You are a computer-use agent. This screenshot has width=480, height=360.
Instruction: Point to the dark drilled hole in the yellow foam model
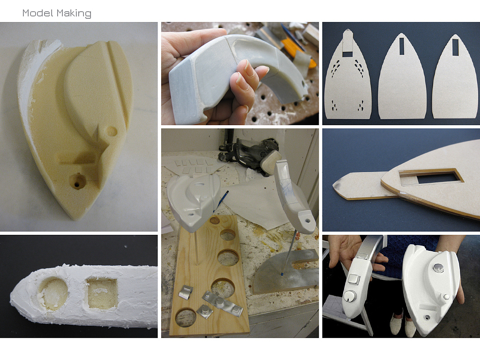[78, 181]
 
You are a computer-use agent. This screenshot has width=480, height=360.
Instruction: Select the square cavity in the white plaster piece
[102, 293]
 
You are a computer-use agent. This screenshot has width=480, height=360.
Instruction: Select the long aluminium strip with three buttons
[223, 304]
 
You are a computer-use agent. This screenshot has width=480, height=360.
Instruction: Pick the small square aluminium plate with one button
[204, 311]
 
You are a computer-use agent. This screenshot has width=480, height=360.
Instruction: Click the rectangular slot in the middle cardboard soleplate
[402, 46]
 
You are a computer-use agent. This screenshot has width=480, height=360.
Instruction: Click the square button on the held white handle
[353, 279]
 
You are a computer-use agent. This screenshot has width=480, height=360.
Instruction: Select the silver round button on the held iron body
[438, 268]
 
